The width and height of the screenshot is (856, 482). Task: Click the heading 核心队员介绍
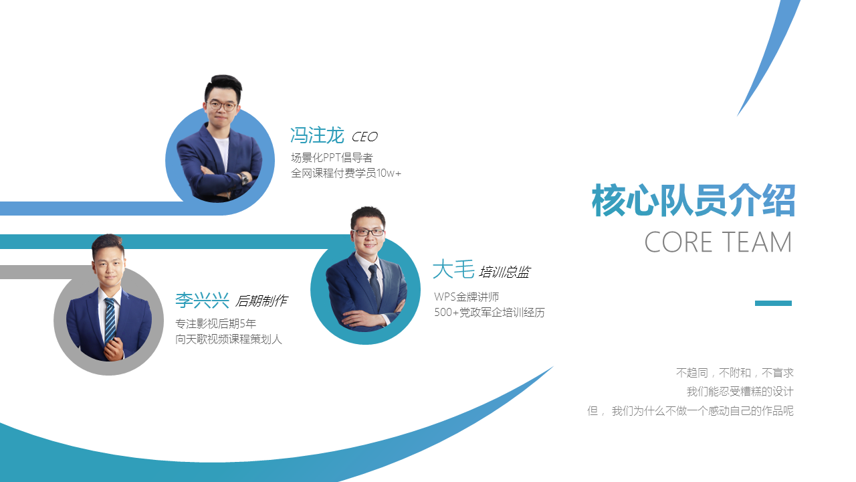click(693, 200)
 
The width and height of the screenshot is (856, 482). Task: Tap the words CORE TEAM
click(718, 242)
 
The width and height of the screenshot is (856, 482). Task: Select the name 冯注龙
click(317, 135)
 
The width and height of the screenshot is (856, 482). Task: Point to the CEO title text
click(364, 137)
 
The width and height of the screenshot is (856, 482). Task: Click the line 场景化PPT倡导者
click(332, 157)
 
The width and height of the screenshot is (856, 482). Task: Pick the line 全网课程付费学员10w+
click(346, 173)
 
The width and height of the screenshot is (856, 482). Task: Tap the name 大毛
click(453, 269)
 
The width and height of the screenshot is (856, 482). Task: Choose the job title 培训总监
click(504, 272)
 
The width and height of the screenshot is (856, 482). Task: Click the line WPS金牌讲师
click(467, 297)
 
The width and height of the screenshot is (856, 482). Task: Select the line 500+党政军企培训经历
click(490, 313)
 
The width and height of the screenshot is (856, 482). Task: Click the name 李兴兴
click(202, 300)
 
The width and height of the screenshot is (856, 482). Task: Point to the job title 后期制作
click(261, 301)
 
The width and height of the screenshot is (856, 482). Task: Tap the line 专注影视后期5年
click(215, 323)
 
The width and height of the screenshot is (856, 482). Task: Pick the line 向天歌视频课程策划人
click(229, 339)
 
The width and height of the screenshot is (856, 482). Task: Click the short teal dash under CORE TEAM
click(773, 303)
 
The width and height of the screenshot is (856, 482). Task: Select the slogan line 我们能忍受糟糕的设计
click(740, 392)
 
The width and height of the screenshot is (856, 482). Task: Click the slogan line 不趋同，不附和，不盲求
click(735, 373)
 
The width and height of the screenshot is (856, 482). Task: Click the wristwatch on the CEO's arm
click(244, 178)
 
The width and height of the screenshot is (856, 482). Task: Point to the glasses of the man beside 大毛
click(368, 232)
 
